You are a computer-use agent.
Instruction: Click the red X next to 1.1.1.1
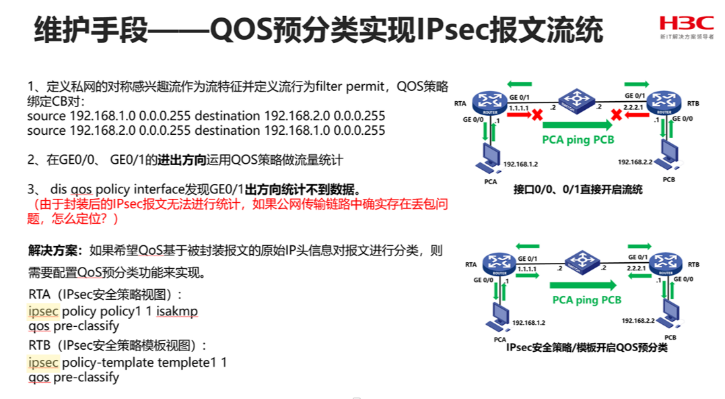pos(537,115)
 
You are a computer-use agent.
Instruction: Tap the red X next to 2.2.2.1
pos(615,115)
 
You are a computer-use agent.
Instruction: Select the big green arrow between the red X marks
pos(577,125)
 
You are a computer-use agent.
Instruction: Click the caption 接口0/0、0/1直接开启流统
pos(577,189)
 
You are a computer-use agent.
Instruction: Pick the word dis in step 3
pos(59,189)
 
